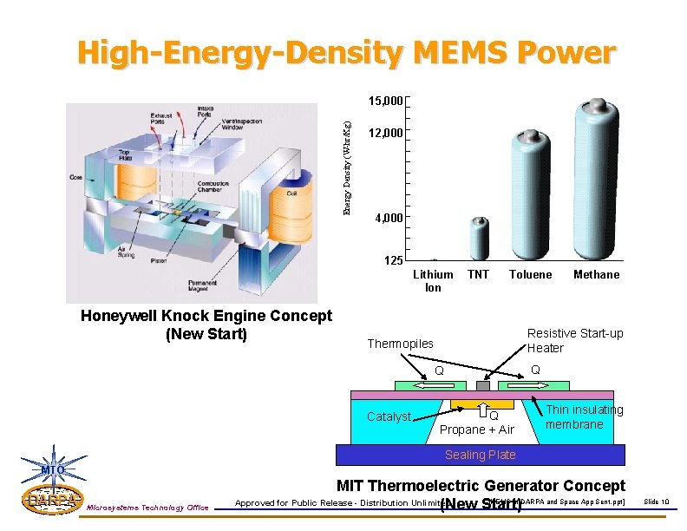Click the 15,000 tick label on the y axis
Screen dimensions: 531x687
pos(385,102)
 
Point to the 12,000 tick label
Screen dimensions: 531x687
pos(385,134)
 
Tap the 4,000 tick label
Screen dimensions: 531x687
pos(388,218)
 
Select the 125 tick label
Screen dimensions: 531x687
pos(393,261)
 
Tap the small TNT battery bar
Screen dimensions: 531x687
pos(479,239)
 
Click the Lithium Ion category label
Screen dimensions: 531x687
pos(433,280)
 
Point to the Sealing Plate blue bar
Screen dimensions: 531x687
pos(481,455)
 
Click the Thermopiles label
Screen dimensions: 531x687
pos(400,344)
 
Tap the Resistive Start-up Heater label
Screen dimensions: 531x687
pos(575,341)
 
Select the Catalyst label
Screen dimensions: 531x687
pos(389,416)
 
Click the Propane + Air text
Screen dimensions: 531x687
pos(477,429)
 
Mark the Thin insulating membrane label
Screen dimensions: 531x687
pos(584,416)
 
